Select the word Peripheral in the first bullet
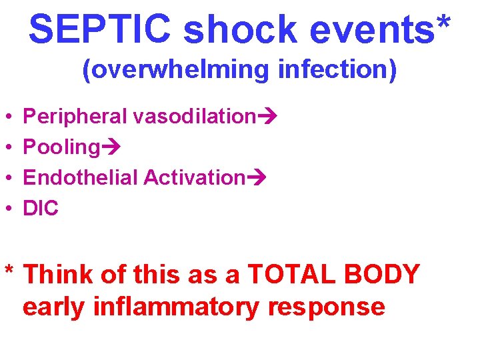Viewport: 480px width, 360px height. tap(75, 117)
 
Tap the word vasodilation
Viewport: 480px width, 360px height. tap(194, 117)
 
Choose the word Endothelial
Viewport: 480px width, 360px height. tap(81, 178)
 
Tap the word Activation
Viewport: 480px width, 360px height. tap(195, 178)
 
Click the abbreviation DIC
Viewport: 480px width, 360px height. tap(41, 209)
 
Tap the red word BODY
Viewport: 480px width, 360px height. tap(387, 274)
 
